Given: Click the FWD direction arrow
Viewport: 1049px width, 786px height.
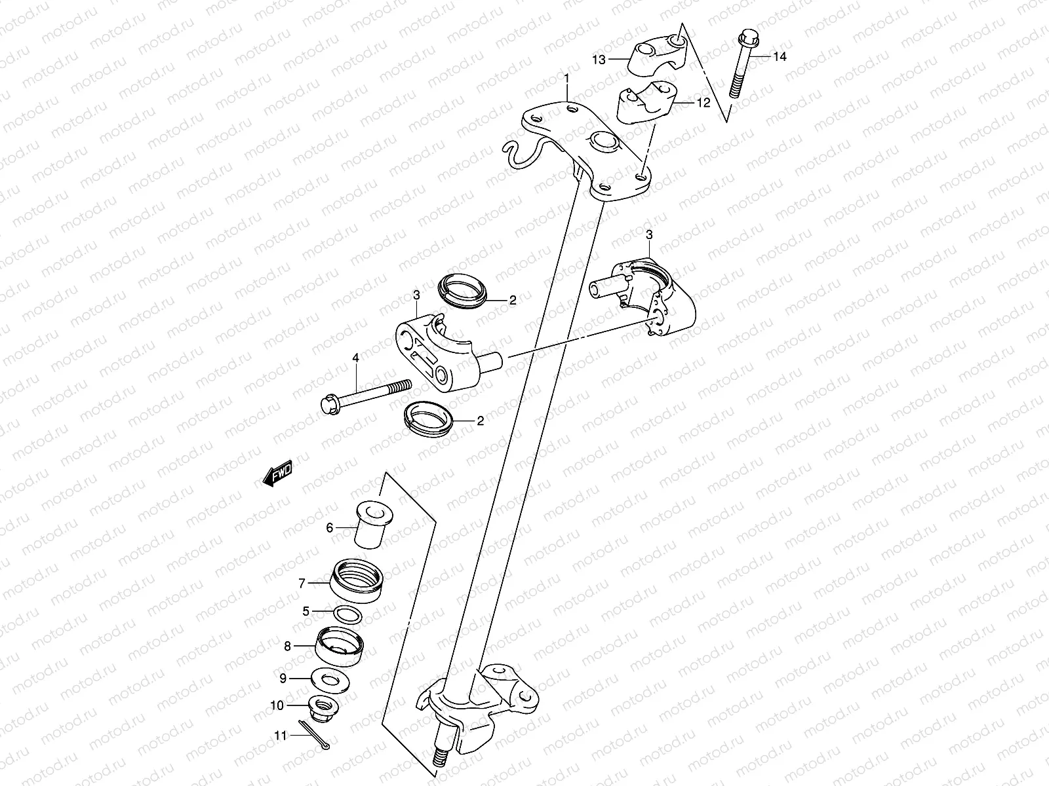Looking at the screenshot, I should point(277,474).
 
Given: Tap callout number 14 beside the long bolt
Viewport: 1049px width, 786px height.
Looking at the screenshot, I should point(779,57).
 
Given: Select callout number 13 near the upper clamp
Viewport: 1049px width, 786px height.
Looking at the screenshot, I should point(599,60).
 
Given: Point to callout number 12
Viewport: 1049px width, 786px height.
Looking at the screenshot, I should point(703,103).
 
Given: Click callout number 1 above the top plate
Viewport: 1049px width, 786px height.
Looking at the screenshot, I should point(568,79).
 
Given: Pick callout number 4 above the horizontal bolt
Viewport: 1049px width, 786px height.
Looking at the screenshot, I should point(356,358).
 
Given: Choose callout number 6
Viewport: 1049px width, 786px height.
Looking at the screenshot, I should point(330,528).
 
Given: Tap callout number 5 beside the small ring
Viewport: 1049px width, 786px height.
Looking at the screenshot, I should point(306,612).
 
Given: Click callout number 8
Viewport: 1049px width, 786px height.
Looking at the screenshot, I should point(287,646).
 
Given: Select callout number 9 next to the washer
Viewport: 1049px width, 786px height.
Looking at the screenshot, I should point(283,678).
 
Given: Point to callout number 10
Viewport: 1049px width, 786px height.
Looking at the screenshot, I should point(277,705).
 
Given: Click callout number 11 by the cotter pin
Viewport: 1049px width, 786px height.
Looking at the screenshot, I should point(280,736).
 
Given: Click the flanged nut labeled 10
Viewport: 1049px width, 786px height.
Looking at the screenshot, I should point(321,705).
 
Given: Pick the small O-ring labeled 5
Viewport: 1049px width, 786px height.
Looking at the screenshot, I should point(347,614).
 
